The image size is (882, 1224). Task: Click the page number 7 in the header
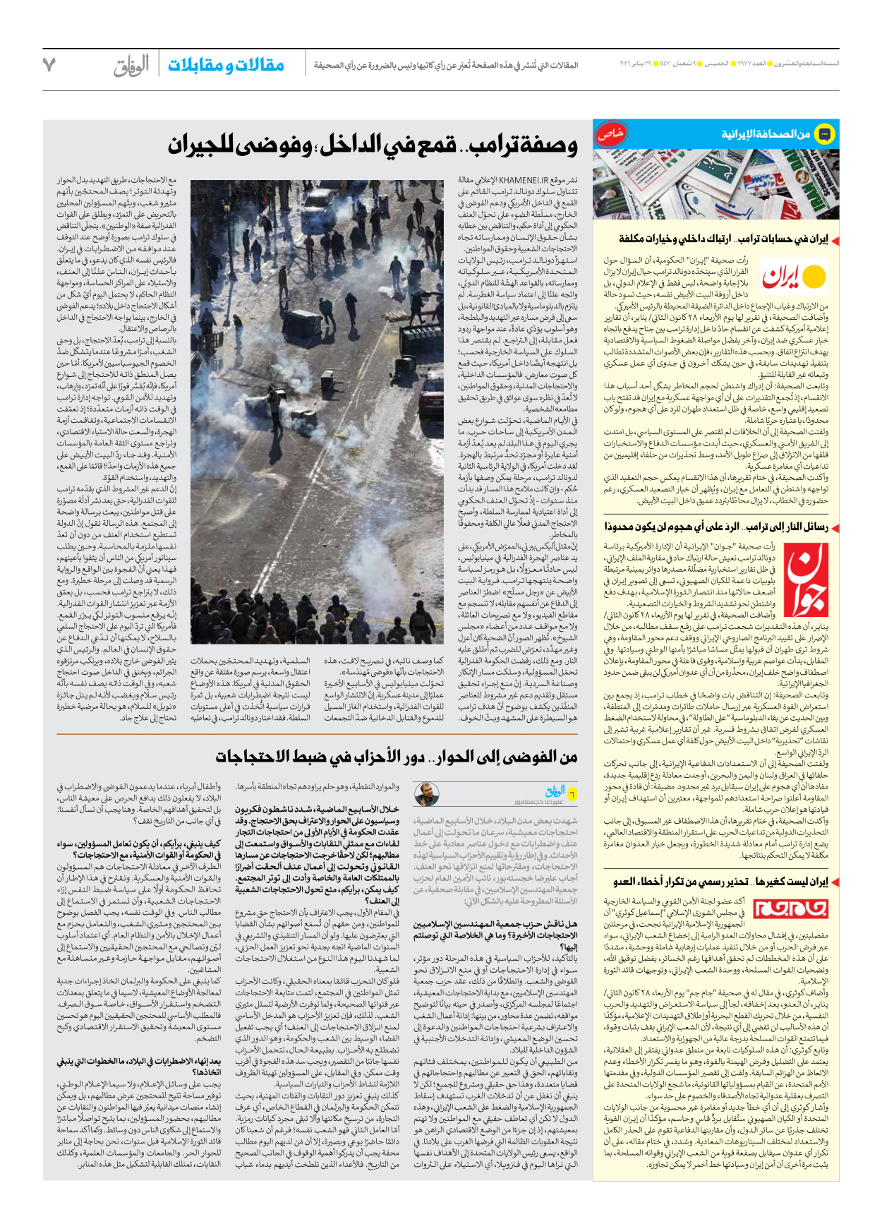49,65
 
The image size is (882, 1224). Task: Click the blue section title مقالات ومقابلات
226,66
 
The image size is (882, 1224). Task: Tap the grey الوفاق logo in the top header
131,66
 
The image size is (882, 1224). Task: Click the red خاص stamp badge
610,133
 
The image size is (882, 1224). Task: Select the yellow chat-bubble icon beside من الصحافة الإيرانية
824,133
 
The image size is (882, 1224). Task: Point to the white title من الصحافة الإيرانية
765,134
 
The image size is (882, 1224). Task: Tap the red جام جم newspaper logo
791,908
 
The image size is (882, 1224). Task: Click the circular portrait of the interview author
427,794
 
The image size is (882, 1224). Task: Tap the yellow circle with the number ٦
572,794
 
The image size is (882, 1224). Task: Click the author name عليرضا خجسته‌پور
539,802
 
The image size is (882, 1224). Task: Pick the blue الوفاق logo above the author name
555,791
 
